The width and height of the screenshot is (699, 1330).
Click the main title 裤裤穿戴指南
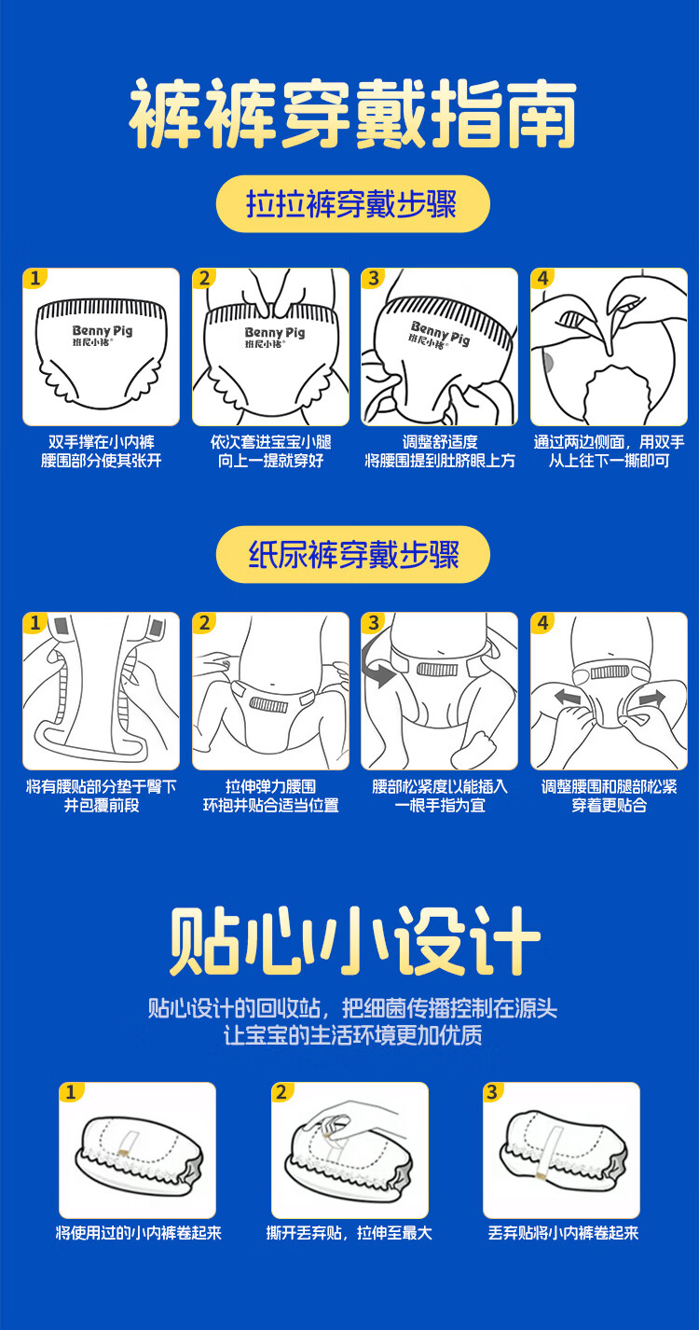click(352, 114)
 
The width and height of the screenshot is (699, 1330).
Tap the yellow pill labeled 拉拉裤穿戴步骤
click(352, 203)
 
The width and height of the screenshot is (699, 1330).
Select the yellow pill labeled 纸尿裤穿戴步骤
click(352, 554)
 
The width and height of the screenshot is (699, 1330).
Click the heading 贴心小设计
click(354, 940)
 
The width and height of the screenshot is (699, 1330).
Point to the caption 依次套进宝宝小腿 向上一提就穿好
click(270, 451)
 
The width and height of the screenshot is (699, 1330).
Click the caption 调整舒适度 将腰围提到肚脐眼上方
click(440, 451)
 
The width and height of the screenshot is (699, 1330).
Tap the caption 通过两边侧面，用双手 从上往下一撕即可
click(609, 451)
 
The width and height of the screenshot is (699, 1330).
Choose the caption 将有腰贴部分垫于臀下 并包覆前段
click(102, 796)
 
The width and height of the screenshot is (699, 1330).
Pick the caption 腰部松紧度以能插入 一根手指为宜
click(440, 796)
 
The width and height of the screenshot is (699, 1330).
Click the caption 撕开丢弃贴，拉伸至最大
click(349, 1233)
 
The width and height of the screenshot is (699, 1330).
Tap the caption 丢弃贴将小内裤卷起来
click(563, 1233)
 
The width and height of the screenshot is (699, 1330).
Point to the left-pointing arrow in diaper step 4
click(568, 697)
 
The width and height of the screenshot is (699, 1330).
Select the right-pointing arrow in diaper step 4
click(651, 699)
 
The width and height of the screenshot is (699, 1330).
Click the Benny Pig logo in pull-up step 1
click(103, 334)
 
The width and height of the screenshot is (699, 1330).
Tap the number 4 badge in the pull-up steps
click(542, 278)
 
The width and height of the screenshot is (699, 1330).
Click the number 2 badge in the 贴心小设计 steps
click(281, 1092)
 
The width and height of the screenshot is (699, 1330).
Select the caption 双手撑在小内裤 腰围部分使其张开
click(102, 451)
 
